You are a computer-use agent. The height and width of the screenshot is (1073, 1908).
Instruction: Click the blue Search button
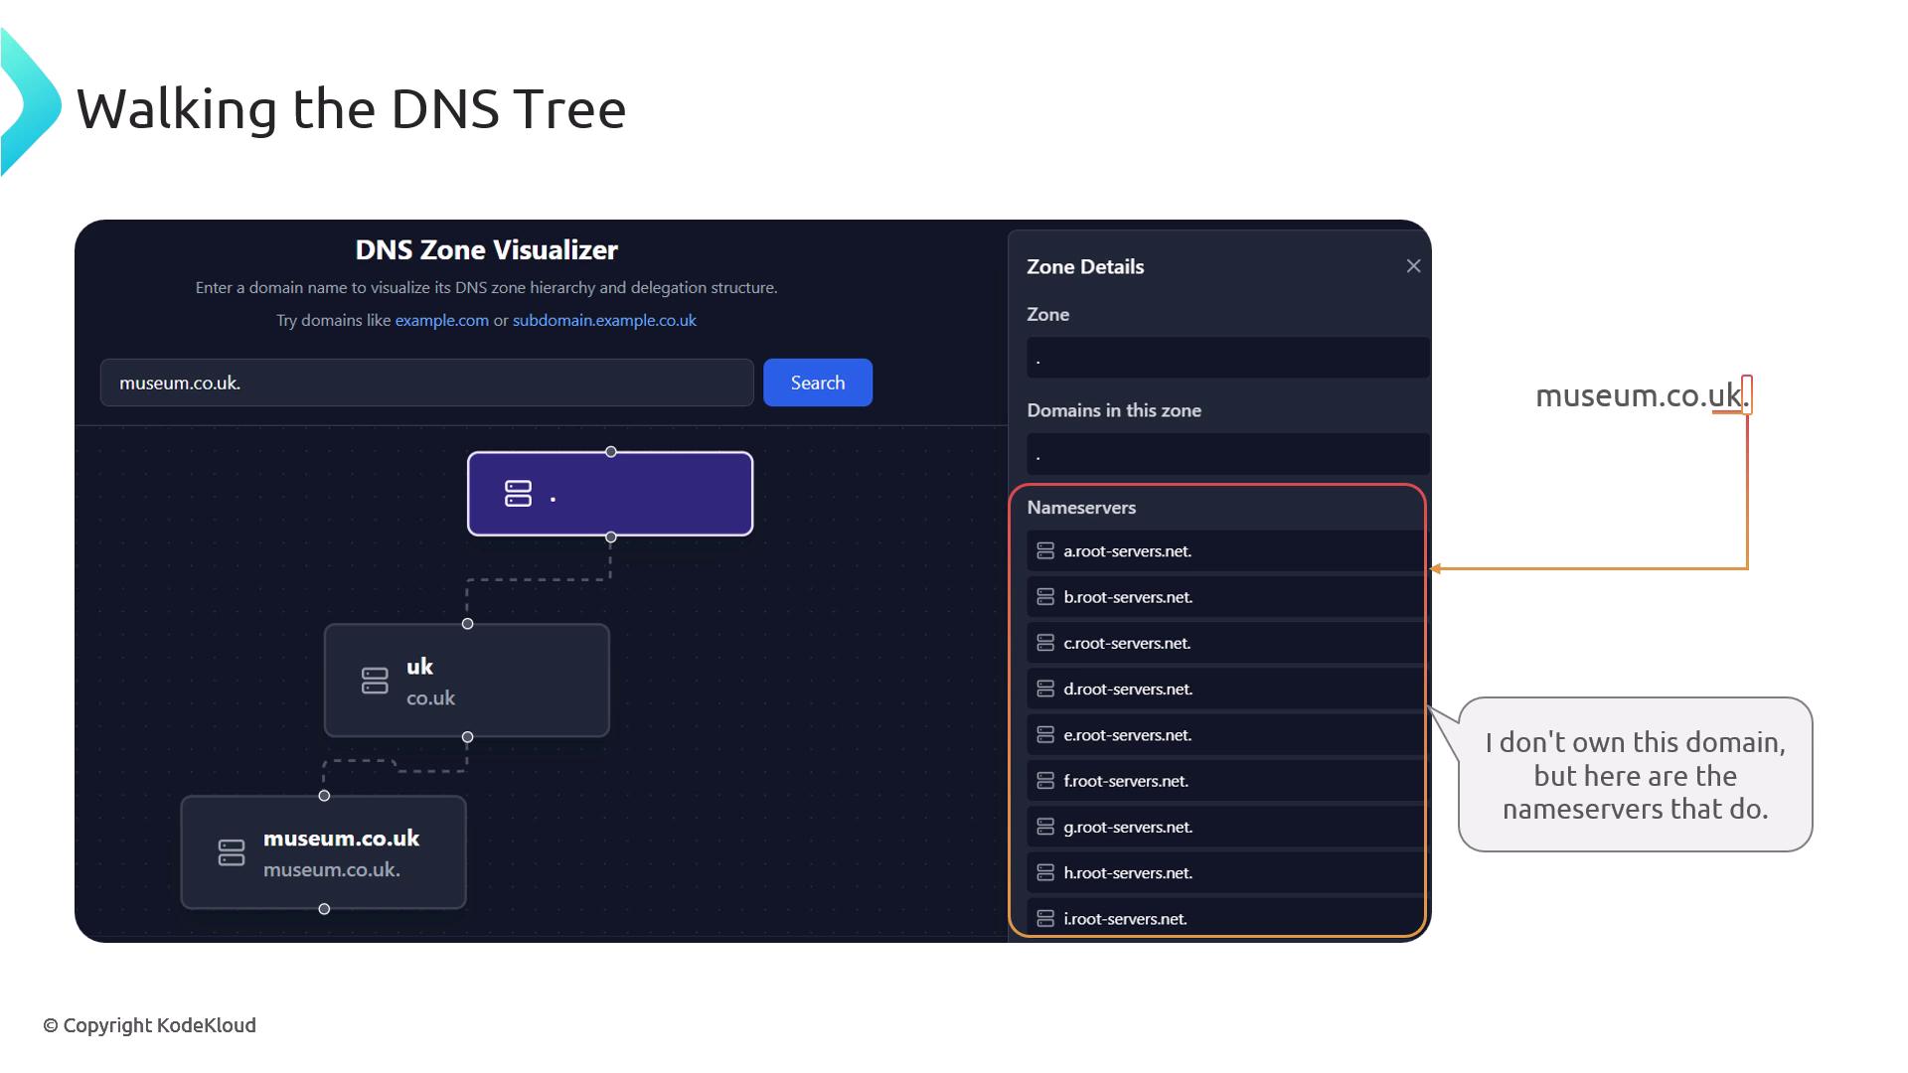click(818, 383)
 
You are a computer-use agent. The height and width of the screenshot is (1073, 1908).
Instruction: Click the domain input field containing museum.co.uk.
click(427, 383)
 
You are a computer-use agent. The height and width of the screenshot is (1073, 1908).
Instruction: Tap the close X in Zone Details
click(1413, 266)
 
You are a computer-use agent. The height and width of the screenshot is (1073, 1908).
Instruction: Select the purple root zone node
click(610, 494)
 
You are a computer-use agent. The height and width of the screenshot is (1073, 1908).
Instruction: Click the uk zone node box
click(467, 681)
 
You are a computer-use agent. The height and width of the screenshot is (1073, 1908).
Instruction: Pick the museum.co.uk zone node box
click(324, 852)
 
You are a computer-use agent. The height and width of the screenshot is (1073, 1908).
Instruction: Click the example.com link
click(442, 320)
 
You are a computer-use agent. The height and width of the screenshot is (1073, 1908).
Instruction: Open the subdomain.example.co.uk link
click(604, 320)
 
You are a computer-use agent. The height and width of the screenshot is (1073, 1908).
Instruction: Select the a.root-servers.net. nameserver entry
click(1224, 551)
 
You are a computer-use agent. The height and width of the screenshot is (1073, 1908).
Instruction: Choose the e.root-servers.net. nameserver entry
click(1224, 735)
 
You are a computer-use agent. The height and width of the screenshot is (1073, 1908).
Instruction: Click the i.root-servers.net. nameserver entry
click(1224, 918)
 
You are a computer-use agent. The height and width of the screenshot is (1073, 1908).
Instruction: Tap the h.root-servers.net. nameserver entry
click(1224, 872)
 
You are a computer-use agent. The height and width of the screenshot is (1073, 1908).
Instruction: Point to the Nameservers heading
click(1081, 508)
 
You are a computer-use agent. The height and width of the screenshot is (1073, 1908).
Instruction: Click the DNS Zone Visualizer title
click(487, 249)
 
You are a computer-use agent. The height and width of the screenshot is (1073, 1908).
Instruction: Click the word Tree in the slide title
click(571, 108)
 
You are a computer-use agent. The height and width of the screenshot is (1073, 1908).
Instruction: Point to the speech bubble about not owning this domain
click(1635, 775)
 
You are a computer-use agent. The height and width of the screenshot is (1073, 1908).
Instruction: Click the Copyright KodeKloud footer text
click(149, 1025)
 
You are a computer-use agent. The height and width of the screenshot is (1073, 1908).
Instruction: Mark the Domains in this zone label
click(1114, 410)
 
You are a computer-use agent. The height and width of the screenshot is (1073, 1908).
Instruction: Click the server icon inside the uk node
click(375, 681)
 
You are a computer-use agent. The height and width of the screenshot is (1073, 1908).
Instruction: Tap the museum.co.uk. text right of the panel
click(1642, 395)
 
